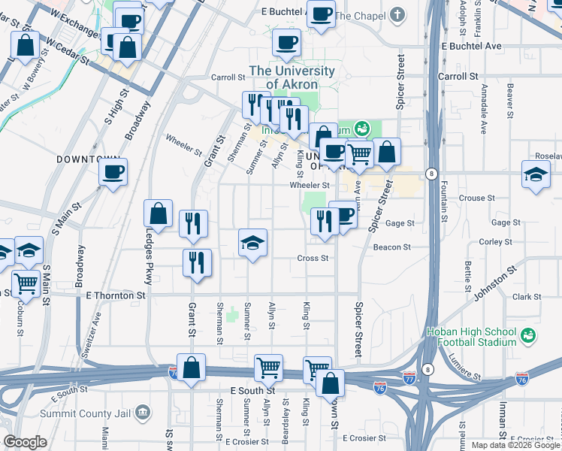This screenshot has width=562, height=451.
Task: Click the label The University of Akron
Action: (x=292, y=77)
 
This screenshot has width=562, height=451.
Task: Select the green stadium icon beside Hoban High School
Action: (x=527, y=334)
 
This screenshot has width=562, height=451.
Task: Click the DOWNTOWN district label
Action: (x=88, y=160)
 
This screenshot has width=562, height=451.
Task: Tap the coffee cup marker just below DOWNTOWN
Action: (x=113, y=172)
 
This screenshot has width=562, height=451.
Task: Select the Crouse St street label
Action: (x=476, y=198)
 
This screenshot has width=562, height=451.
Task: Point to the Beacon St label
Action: (x=392, y=247)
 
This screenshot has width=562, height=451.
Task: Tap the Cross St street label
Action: (x=313, y=258)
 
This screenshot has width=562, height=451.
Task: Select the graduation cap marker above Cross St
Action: (x=252, y=242)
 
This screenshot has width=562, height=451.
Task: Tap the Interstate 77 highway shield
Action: (x=409, y=374)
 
